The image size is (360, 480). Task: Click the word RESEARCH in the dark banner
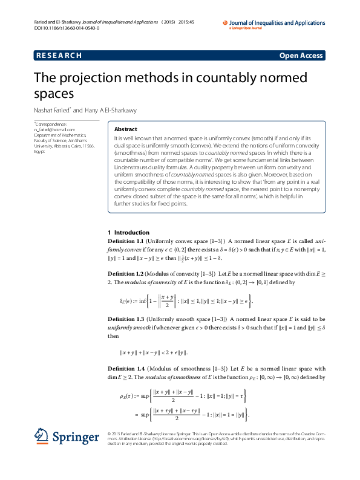click(59, 56)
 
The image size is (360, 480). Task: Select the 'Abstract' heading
click(125, 129)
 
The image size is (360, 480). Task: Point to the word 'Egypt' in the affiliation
click(39, 151)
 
